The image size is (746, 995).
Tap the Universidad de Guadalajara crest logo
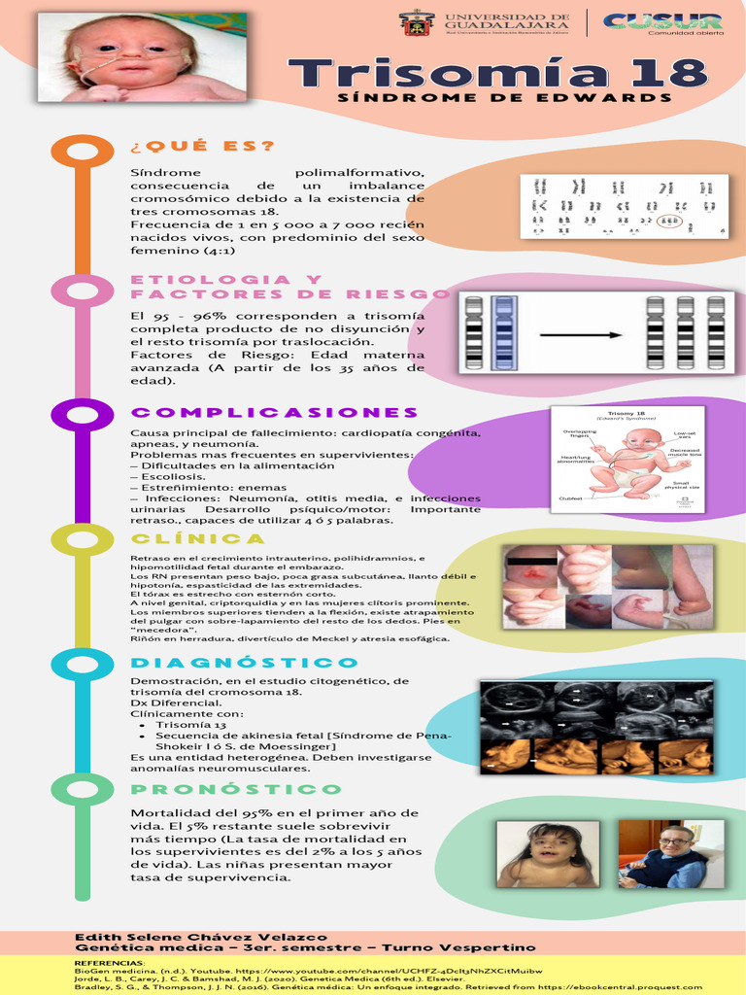point(417,22)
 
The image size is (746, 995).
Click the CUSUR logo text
point(662,20)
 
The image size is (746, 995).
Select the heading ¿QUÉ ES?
point(202,147)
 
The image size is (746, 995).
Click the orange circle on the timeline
point(83,153)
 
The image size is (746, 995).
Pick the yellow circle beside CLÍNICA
point(83,539)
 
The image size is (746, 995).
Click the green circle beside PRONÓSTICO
point(83,789)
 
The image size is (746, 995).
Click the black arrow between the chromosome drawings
point(581,335)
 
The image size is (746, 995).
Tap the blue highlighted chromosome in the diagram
point(503,333)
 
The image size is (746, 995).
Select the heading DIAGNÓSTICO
point(244,663)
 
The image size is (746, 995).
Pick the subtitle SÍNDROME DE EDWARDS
point(504,97)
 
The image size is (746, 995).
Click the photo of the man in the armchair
point(670,854)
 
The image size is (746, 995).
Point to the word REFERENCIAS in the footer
point(109,961)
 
